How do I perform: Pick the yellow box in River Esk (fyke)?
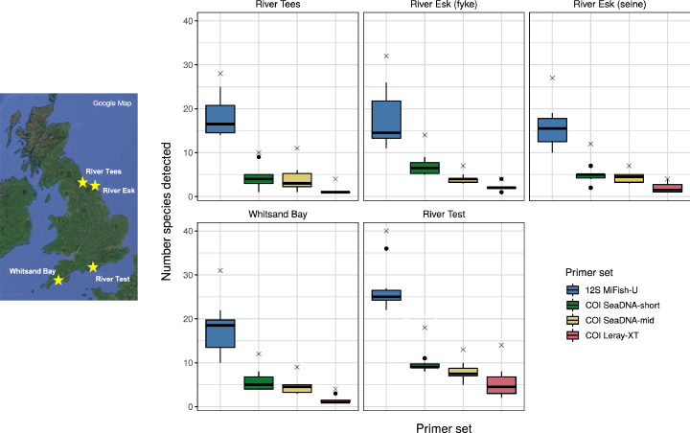(x=464, y=180)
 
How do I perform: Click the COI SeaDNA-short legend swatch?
(x=572, y=305)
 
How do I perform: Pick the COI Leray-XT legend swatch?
(x=572, y=335)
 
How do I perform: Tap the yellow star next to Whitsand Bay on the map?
(x=58, y=280)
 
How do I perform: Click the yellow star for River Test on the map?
(x=93, y=267)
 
